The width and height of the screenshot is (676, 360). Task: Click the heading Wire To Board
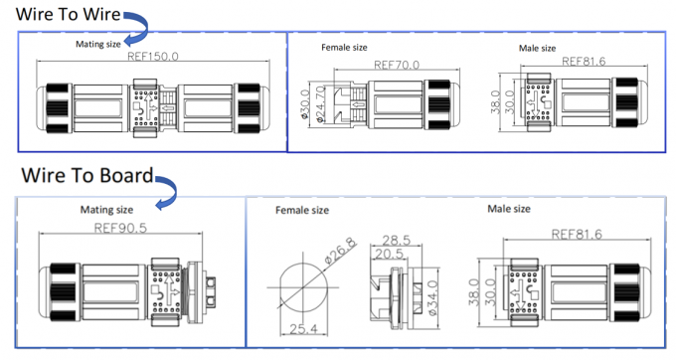click(84, 177)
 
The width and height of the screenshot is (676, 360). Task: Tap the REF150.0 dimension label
click(153, 57)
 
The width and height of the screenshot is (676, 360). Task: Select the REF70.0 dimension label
click(397, 65)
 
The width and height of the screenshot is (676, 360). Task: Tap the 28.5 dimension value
click(398, 240)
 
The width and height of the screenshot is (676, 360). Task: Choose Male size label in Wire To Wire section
click(537, 48)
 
